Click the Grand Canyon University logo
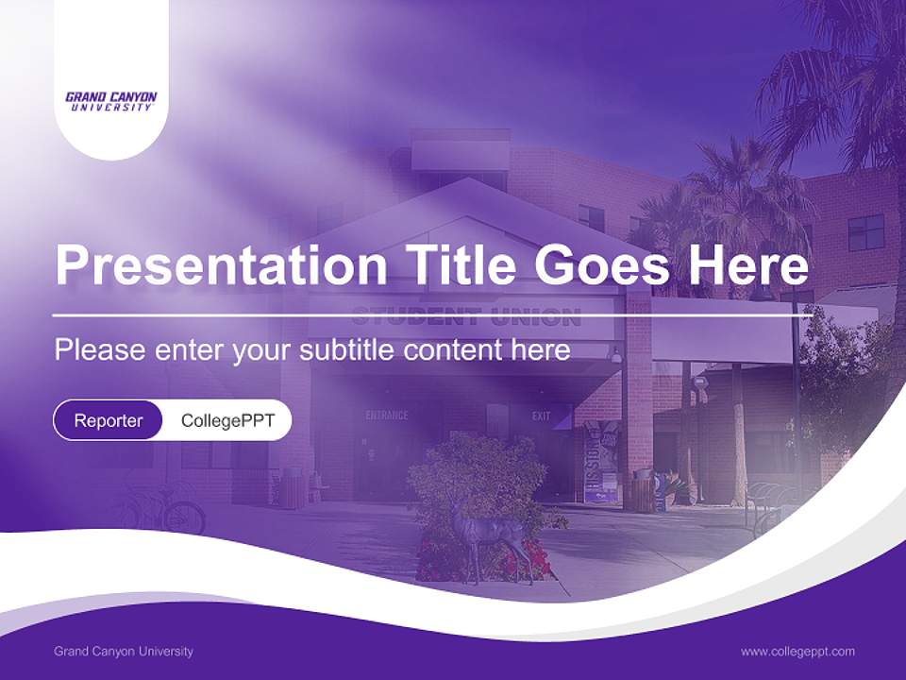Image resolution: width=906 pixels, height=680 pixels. pos(111,101)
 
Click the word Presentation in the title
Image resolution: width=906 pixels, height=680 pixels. pos(221,266)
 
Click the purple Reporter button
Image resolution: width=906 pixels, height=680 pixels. pos(108,420)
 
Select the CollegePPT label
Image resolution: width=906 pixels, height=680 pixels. pos(227,420)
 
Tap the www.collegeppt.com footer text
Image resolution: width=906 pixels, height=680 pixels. pos(797,651)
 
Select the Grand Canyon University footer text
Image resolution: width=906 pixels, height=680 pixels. pos(124,651)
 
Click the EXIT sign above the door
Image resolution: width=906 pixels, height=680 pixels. pos(541,416)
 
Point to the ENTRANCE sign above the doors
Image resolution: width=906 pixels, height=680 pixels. pos(387,415)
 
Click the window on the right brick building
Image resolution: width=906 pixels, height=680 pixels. pos(865,232)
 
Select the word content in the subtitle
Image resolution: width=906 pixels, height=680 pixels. pos(459,350)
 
